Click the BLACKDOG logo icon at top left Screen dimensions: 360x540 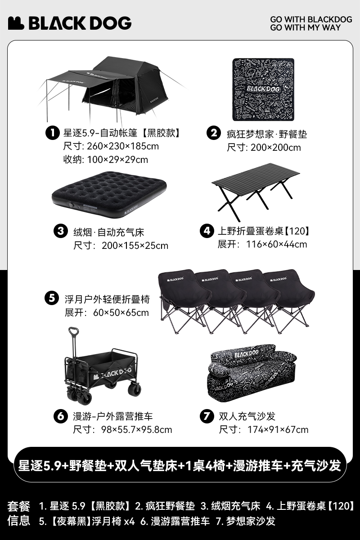(x=16, y=23)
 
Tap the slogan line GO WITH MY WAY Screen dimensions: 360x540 (x=305, y=27)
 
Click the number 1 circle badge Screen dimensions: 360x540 (x=52, y=133)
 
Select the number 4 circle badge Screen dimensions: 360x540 (x=207, y=231)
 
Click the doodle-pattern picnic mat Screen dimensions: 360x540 (x=263, y=90)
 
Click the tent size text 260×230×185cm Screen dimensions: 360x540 (x=123, y=146)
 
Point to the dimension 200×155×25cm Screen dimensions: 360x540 (x=135, y=246)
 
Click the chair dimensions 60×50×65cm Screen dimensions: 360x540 (x=121, y=313)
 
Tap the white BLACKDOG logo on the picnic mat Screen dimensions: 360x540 (x=263, y=89)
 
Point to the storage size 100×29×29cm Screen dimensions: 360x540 (x=117, y=160)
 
